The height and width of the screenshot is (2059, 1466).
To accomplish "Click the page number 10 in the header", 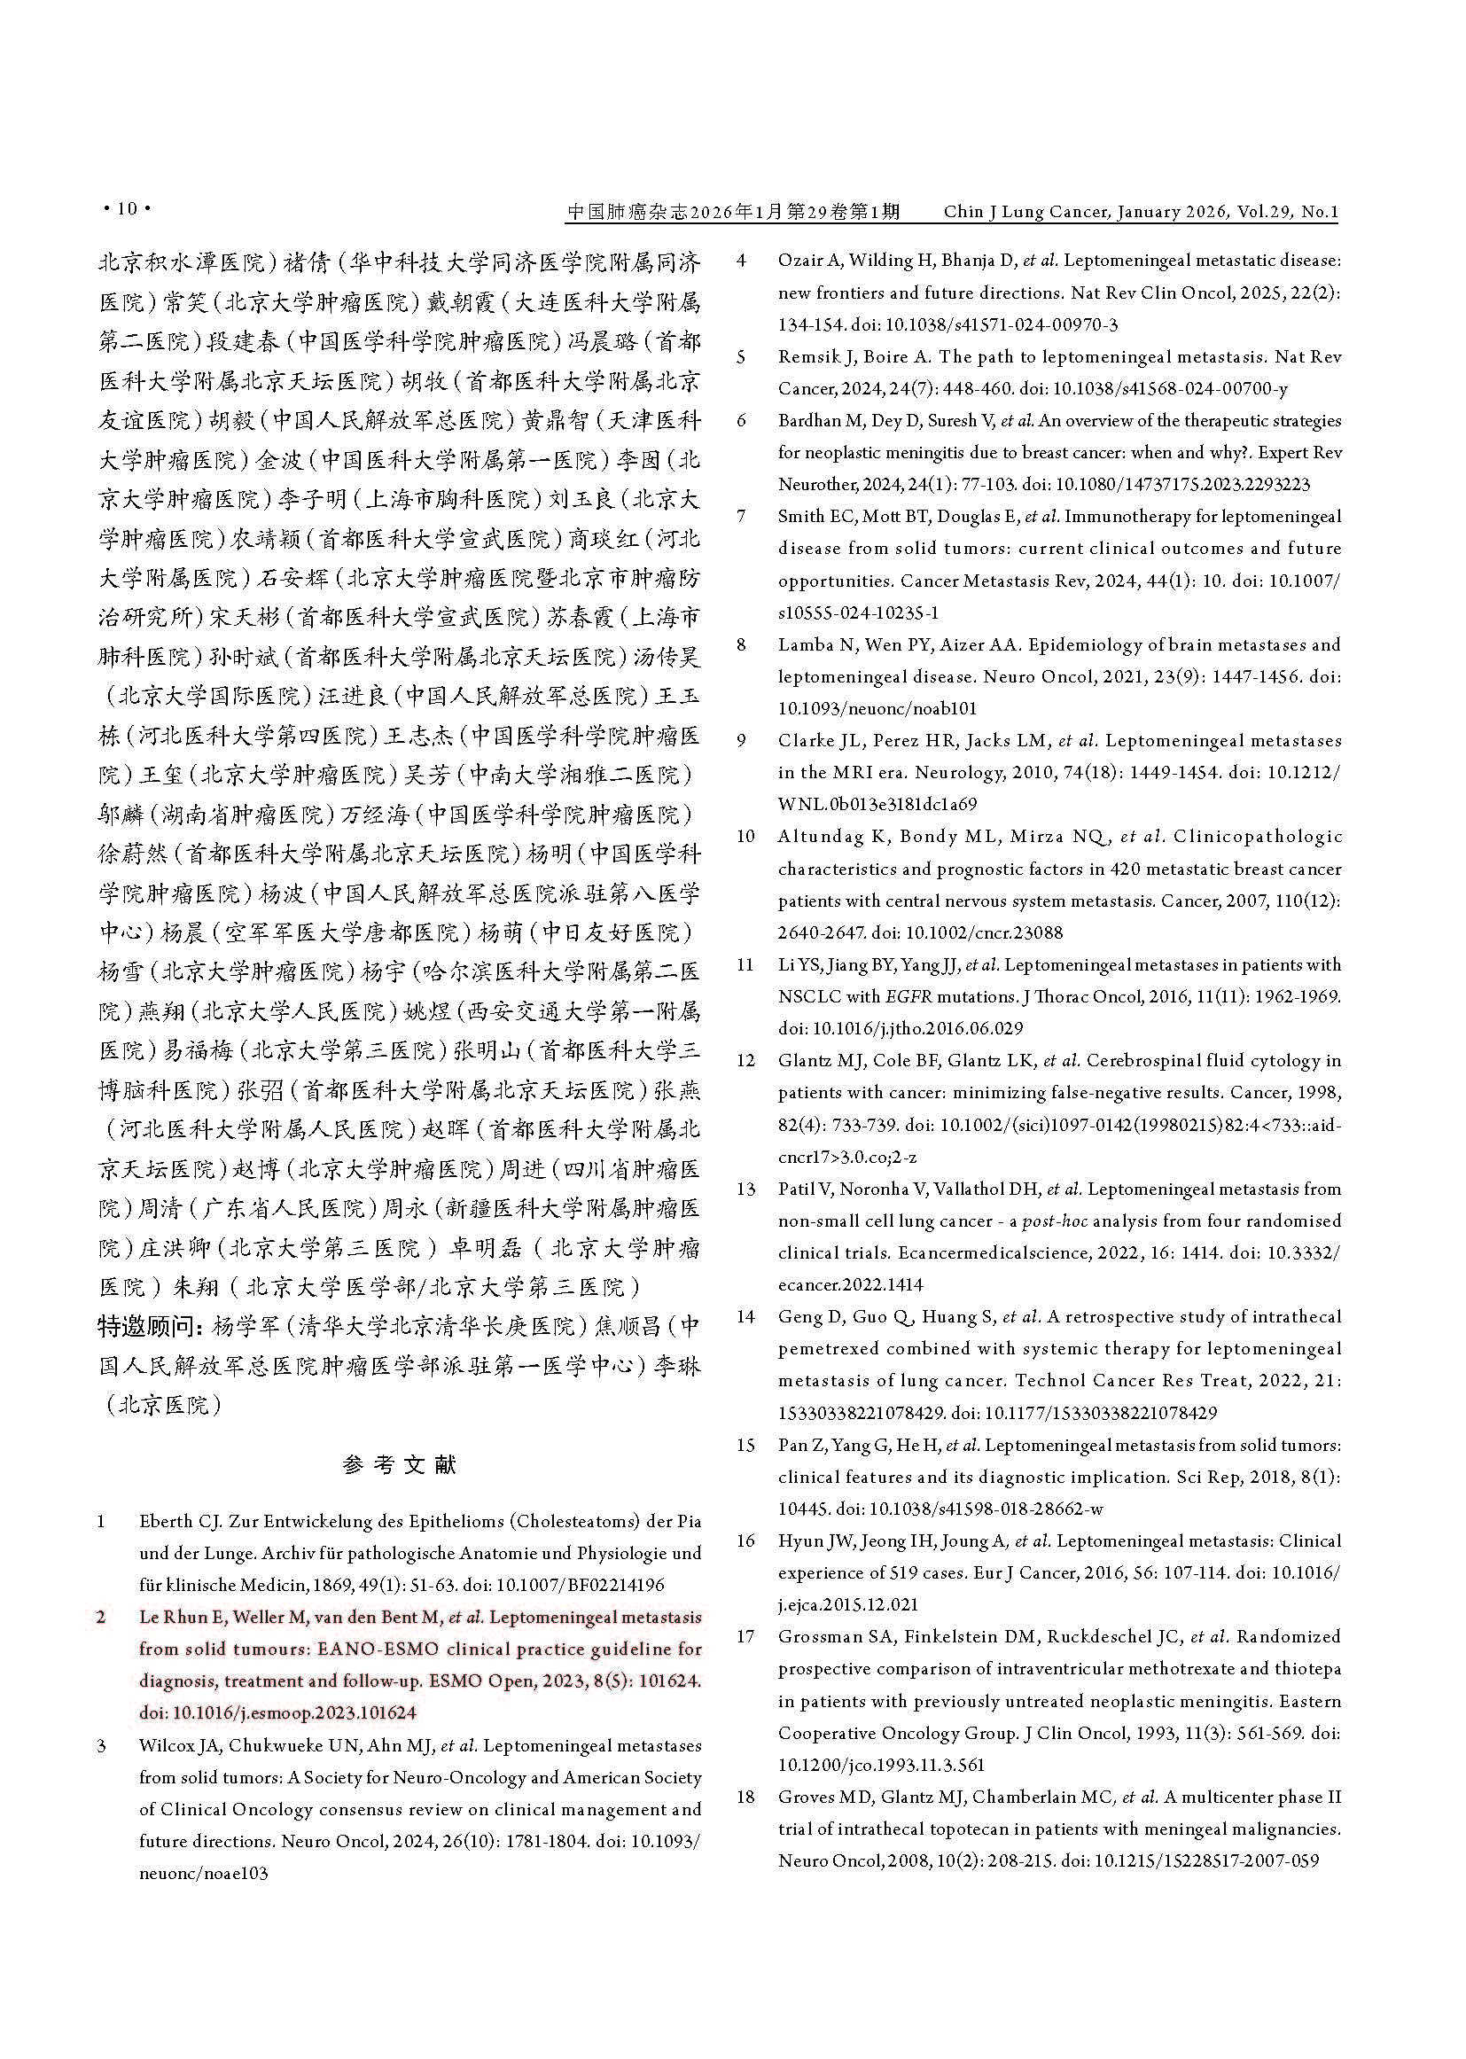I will pyautogui.click(x=128, y=209).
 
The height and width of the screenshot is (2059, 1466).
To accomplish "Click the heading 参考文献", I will pyautogui.click(x=400, y=1464).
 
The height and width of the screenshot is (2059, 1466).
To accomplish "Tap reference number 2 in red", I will pyautogui.click(x=102, y=1617).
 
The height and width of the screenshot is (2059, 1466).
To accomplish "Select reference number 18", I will pyautogui.click(x=745, y=1797).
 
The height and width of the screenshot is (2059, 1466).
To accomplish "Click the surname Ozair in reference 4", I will pyautogui.click(x=799, y=261).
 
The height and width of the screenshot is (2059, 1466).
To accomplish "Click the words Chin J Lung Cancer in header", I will pyautogui.click(x=1025, y=211).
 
